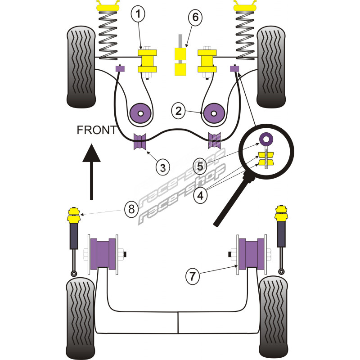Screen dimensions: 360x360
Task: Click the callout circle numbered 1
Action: point(139,15)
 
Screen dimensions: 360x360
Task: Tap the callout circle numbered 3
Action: point(163,167)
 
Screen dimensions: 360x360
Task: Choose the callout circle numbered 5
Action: point(201,166)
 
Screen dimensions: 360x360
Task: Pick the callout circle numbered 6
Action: point(195,18)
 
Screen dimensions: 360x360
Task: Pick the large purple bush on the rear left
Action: point(104,254)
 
